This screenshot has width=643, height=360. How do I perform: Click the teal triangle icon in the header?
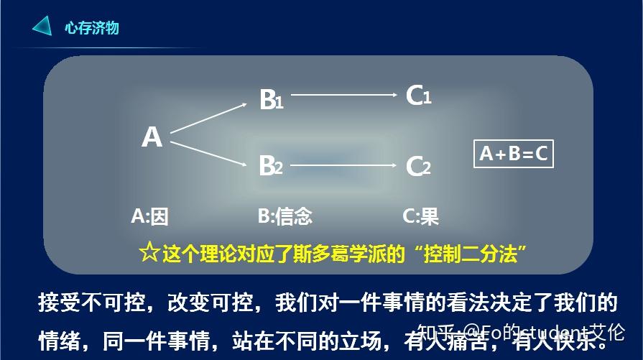pyautogui.click(x=42, y=27)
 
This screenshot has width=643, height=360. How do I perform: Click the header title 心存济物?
pyautogui.click(x=91, y=28)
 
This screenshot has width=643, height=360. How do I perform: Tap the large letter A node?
pyautogui.click(x=152, y=137)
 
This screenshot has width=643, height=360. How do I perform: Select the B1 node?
pyautogui.click(x=271, y=100)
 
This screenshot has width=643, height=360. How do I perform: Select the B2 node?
pyautogui.click(x=271, y=166)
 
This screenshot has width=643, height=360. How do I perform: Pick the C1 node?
pyautogui.click(x=418, y=96)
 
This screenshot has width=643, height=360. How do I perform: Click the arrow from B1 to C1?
pyautogui.click(x=343, y=94)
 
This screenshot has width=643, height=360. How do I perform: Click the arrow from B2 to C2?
pyautogui.click(x=343, y=165)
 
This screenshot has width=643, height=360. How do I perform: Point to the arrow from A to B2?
pyautogui.click(x=208, y=152)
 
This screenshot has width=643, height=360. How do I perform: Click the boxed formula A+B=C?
pyautogui.click(x=513, y=153)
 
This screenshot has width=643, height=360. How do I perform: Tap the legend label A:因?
pyautogui.click(x=149, y=216)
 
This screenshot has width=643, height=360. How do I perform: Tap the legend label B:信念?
pyautogui.click(x=285, y=216)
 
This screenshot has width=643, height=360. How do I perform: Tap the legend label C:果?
pyautogui.click(x=421, y=216)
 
